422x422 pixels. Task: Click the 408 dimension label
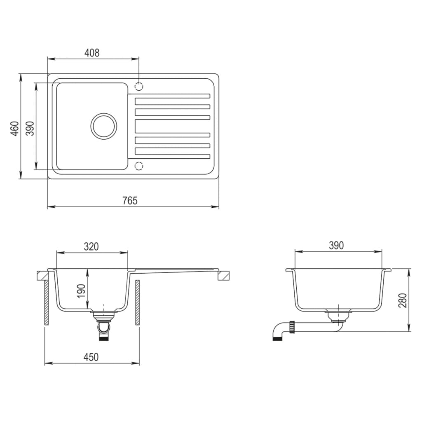coord(92,53)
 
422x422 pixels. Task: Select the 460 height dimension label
coord(15,129)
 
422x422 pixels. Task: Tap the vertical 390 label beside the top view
coord(30,129)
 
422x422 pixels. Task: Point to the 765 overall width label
coord(129,201)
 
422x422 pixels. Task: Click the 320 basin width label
coord(91,247)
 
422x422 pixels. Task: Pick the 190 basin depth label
coord(81,291)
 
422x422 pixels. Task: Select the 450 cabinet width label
coord(91,357)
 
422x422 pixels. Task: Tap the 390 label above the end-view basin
coord(336,246)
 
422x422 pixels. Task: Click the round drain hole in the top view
coord(104,126)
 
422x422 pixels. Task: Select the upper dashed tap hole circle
coord(139,87)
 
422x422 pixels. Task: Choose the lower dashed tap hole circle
coord(139,166)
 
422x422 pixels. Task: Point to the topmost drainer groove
coord(172,96)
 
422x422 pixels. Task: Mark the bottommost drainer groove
coord(172,156)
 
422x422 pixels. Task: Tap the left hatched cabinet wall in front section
coord(47,303)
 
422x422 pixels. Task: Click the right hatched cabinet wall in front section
coord(138,303)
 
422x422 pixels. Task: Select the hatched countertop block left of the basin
coord(42,274)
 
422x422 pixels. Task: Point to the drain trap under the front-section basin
coord(104,326)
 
